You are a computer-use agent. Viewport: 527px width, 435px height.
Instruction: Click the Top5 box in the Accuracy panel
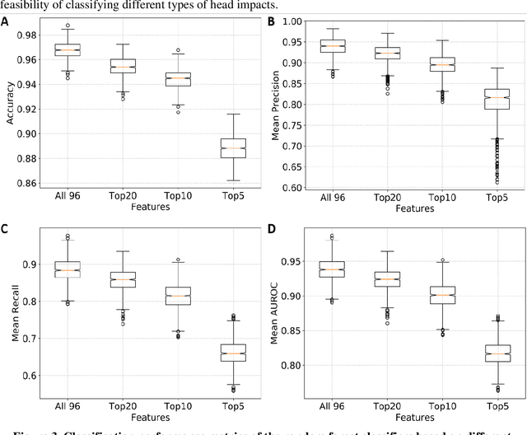click(233, 147)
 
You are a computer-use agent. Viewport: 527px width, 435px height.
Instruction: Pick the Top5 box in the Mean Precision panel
click(495, 98)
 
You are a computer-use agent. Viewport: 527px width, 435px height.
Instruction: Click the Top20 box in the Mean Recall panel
click(123, 279)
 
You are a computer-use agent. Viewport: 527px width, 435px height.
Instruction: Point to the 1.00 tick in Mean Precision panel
click(296, 21)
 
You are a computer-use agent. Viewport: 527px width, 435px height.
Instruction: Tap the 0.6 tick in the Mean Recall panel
click(31, 376)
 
